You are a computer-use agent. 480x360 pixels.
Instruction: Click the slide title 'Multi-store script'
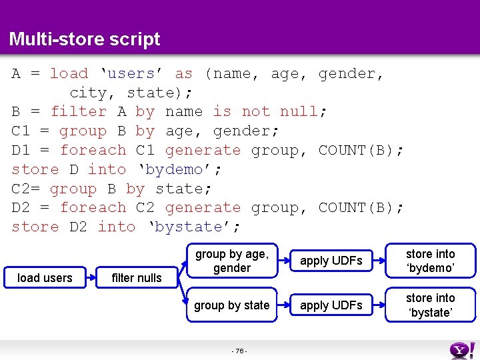(x=85, y=39)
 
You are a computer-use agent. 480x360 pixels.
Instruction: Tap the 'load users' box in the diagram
(x=45, y=277)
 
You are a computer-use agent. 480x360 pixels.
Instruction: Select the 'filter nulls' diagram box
(x=137, y=278)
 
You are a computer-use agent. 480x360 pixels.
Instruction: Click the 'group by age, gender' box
(x=231, y=261)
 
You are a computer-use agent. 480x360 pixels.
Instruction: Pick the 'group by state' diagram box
(x=231, y=305)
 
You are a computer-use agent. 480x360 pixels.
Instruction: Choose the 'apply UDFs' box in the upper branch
(x=331, y=261)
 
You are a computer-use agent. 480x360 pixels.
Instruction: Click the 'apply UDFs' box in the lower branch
(x=331, y=305)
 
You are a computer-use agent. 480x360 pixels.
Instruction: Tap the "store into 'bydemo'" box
(x=430, y=261)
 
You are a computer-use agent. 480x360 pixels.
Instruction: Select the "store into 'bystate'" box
(x=430, y=305)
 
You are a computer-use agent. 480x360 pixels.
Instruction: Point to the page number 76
(x=239, y=351)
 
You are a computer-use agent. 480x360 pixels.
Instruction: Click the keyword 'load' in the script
(x=69, y=73)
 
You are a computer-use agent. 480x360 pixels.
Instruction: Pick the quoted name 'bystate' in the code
(x=193, y=227)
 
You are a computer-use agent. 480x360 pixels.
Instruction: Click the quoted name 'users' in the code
(x=132, y=73)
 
